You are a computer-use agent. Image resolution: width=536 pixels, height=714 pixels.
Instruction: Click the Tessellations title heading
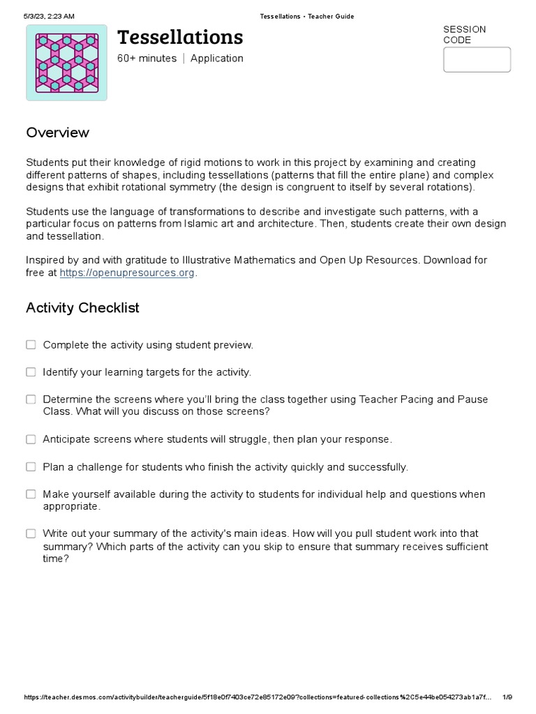tap(180, 37)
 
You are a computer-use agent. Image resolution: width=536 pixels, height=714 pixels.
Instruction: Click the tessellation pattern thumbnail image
tap(67, 63)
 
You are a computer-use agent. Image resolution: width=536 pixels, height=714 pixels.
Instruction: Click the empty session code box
tap(477, 60)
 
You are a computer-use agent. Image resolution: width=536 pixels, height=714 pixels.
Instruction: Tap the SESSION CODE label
tap(464, 35)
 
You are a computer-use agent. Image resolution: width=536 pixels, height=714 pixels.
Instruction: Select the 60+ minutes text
tap(147, 59)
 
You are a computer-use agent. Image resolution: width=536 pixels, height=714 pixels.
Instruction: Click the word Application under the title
tap(217, 59)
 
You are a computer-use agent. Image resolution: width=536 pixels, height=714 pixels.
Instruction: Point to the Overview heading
tap(58, 132)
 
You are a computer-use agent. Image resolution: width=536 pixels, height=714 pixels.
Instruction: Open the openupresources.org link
tap(127, 273)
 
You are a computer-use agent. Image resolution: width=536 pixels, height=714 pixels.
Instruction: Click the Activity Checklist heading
tap(82, 307)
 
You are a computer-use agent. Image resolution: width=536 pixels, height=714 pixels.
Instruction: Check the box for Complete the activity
tap(31, 344)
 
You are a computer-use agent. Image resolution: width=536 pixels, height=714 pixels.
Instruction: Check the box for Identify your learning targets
tap(31, 372)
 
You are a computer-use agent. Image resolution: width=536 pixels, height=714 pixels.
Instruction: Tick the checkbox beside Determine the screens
tap(31, 399)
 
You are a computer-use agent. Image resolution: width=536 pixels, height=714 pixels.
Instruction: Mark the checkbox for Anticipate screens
tap(31, 439)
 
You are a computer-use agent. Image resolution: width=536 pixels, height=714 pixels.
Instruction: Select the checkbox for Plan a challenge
tap(31, 466)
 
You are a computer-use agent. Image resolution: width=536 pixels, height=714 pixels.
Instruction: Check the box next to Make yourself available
tap(31, 494)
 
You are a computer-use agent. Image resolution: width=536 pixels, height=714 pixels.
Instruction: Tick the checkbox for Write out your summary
tap(31, 533)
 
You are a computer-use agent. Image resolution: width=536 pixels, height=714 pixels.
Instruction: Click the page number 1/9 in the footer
tap(507, 697)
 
